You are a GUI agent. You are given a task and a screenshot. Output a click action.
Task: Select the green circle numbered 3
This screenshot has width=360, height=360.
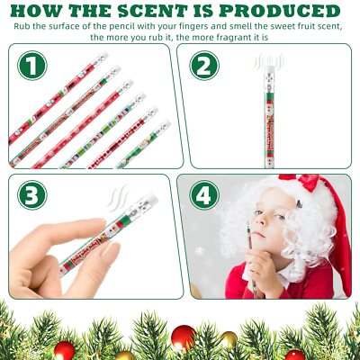pos(33,195)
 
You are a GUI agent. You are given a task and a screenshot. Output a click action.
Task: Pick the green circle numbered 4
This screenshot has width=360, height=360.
pos(203,195)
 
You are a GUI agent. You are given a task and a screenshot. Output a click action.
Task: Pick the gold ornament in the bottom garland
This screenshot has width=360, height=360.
pos(229,339)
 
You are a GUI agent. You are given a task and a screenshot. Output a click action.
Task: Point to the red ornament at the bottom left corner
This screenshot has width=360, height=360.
pos(64,349)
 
